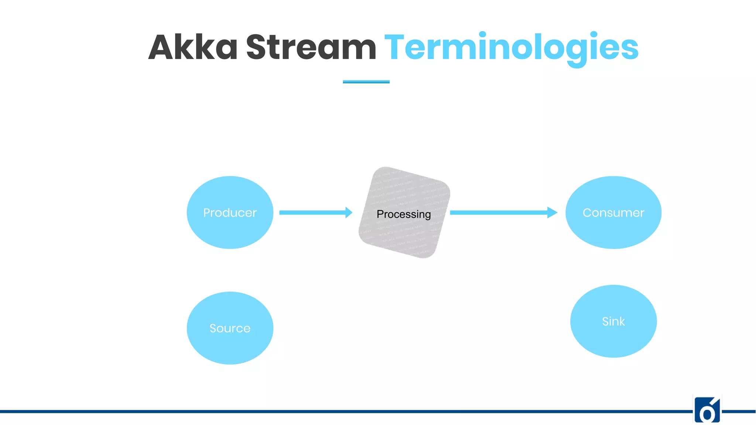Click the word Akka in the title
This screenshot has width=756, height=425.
coord(193,47)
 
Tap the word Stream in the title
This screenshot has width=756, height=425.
coord(311,47)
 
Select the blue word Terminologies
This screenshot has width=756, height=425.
coord(511,47)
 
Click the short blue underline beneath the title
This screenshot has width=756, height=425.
coord(366,82)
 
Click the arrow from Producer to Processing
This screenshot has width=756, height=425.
coord(312,212)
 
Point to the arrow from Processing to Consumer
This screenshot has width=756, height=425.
coord(498,212)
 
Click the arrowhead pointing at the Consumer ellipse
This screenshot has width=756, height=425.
coord(552,212)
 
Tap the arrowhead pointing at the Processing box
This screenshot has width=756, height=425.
coord(348,212)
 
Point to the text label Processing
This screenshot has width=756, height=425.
coord(403,214)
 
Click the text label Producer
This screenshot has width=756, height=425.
coord(230,213)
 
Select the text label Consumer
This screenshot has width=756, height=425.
coord(613,213)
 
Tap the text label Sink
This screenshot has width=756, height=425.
coord(613,321)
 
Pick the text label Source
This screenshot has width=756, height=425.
coord(230,328)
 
